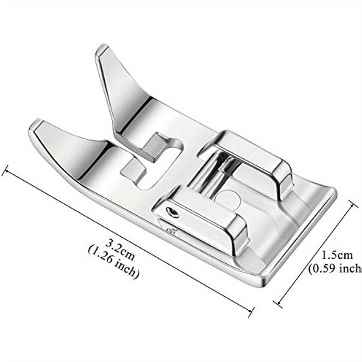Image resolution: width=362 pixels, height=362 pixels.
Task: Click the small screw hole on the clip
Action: (173, 212)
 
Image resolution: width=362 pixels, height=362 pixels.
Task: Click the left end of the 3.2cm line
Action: (4, 171)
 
